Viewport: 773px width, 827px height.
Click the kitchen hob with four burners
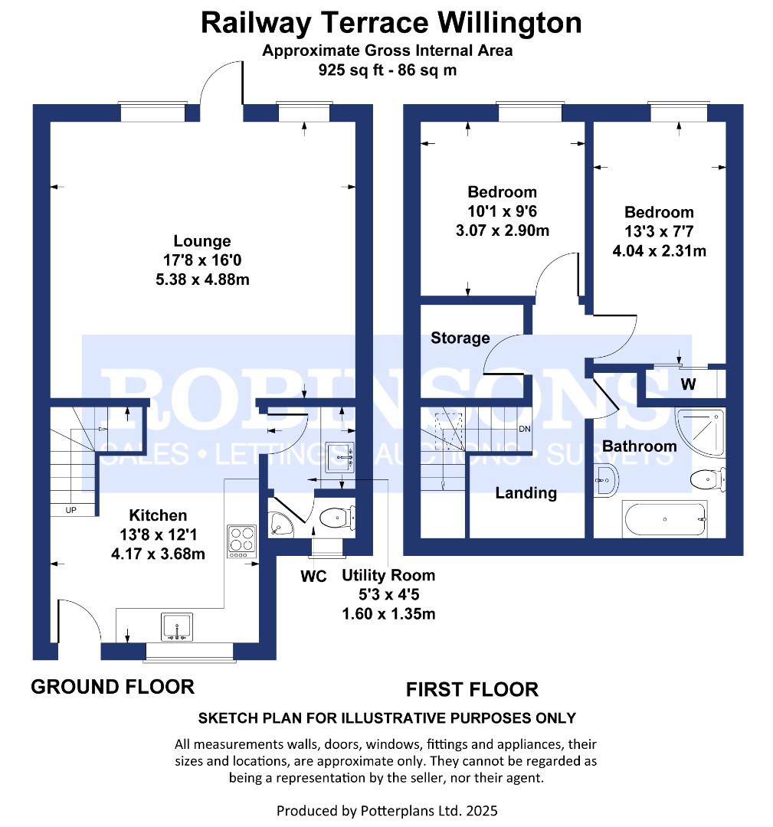[x=242, y=541]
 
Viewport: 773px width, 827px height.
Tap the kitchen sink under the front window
[x=177, y=626]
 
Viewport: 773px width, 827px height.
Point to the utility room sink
[x=339, y=457]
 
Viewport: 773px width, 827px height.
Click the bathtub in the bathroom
[x=665, y=519]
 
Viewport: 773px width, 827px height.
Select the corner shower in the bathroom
[x=700, y=432]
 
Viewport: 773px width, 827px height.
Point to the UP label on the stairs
[x=70, y=510]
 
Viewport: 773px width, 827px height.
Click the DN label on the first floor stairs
[x=525, y=429]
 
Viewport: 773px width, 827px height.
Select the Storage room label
[x=460, y=338]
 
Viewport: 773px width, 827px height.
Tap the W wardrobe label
[x=688, y=384]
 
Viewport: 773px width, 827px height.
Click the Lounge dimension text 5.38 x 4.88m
[x=202, y=279]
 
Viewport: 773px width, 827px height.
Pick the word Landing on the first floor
[x=526, y=493]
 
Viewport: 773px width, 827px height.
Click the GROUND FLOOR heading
[x=113, y=687]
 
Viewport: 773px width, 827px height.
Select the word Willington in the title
[x=509, y=23]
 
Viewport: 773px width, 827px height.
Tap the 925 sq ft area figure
[x=351, y=70]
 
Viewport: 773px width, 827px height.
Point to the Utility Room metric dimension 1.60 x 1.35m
[x=389, y=614]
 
